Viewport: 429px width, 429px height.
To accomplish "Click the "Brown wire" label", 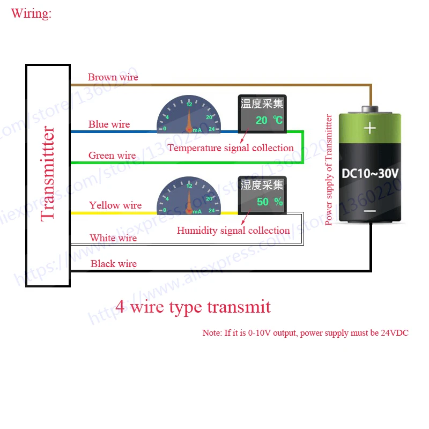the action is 113,77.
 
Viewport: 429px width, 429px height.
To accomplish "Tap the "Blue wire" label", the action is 109,124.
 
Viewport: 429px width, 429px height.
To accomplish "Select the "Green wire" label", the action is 112,156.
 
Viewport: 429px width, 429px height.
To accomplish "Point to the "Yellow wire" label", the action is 115,205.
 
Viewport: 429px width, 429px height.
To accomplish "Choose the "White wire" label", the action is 113,238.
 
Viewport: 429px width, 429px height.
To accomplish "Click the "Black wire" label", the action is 113,264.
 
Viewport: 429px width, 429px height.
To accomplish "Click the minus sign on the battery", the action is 370,212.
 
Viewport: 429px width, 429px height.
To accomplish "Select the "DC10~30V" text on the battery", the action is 370,174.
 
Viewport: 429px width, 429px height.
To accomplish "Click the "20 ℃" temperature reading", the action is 269,121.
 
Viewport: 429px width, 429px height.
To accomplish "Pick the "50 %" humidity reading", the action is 270,202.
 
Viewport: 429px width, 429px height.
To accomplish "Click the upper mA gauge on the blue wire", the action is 189,115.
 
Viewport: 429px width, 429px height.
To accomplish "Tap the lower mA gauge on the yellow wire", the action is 189,197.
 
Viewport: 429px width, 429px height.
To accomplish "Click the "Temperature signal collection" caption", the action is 231,148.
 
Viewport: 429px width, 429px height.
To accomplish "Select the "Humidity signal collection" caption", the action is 233,231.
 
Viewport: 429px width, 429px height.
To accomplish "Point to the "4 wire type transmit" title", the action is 193,307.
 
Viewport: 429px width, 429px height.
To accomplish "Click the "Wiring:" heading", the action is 31,13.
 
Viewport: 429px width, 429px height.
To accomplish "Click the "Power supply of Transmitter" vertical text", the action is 329,169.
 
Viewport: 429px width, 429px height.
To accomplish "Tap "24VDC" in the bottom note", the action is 394,333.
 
